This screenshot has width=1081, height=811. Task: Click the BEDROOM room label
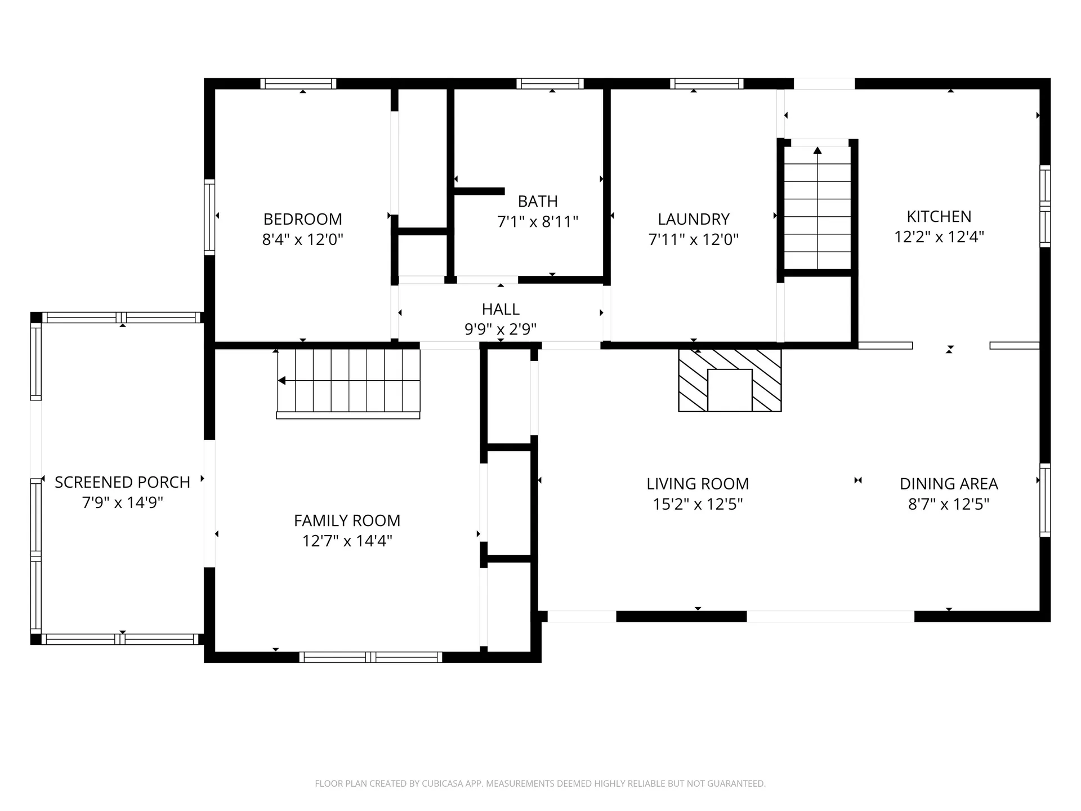point(302,219)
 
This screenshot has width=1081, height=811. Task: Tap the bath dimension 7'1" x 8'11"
point(538,222)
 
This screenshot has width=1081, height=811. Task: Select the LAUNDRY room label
point(693,219)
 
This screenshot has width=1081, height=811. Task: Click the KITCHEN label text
point(939,216)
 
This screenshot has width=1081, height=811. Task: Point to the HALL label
point(501,309)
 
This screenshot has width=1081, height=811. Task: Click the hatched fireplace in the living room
point(730,380)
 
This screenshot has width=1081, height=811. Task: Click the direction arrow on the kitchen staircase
point(818,150)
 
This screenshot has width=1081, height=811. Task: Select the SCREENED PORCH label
point(122,482)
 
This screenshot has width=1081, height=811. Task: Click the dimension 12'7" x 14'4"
point(347,541)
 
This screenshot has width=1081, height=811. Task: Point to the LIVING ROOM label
point(698,484)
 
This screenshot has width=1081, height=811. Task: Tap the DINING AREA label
point(949,484)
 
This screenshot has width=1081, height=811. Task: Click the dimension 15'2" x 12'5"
point(698,504)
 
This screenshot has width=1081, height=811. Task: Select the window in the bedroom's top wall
point(298,84)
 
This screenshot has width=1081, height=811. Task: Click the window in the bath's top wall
point(550,84)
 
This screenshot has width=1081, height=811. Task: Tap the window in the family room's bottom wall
point(370,657)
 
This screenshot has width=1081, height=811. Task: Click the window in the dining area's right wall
point(1045,500)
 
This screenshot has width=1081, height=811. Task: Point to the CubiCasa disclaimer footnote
point(540,783)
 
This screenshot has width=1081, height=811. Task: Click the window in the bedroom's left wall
point(209,217)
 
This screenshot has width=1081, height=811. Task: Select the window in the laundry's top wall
point(707,84)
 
